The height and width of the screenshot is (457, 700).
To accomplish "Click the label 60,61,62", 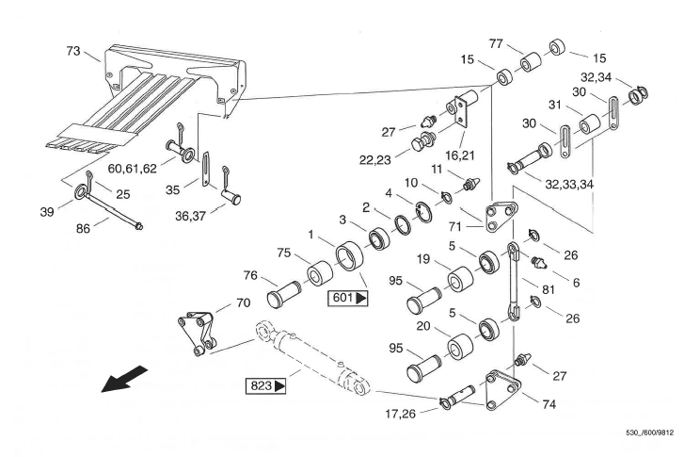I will [x=134, y=170].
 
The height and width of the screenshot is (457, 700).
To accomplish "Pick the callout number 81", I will [x=546, y=290].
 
